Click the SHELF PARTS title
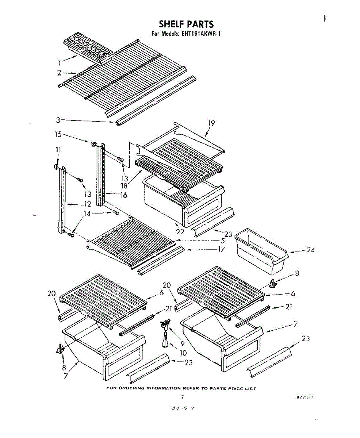(x=186, y=24)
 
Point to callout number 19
(x=211, y=123)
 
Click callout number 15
(x=58, y=134)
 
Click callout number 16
(x=123, y=195)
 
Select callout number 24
(x=311, y=250)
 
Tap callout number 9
(x=182, y=343)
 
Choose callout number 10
(x=183, y=353)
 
